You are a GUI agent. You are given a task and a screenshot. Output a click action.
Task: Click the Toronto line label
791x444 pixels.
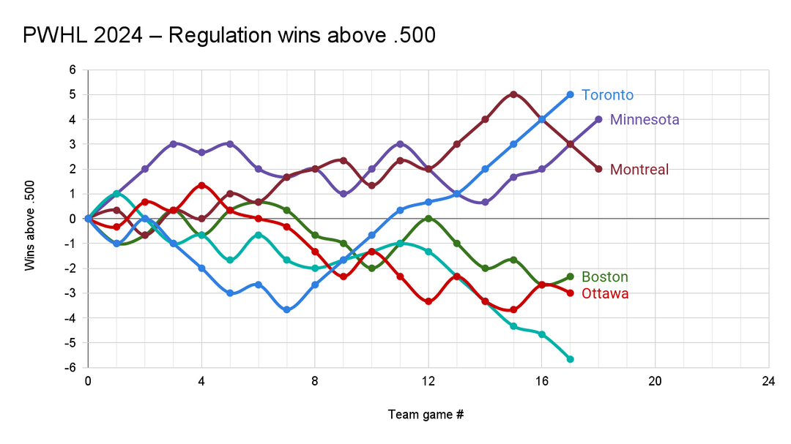(x=607, y=95)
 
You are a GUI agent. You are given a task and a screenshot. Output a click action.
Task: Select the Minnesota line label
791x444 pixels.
(x=645, y=119)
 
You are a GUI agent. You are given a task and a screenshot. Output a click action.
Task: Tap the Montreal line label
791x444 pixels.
(x=639, y=170)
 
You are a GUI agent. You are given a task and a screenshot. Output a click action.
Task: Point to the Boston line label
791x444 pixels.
(x=604, y=277)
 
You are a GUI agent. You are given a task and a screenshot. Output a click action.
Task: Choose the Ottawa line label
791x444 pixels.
(x=605, y=293)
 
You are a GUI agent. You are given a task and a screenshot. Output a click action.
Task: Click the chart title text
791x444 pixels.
(x=229, y=34)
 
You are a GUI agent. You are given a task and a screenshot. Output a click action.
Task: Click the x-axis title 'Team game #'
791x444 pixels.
(x=426, y=415)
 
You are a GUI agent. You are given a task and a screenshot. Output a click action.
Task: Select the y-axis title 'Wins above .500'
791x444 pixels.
(x=30, y=219)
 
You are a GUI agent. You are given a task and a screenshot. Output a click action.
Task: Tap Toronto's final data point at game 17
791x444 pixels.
(x=570, y=94)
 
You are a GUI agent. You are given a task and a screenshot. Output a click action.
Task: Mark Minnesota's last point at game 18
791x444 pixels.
(x=598, y=119)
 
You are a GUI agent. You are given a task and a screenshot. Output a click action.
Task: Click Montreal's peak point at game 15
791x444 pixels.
(x=513, y=94)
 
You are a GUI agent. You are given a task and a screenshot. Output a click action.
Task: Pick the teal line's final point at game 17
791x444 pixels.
(x=570, y=359)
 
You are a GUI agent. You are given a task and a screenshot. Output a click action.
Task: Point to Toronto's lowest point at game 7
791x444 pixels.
(x=286, y=310)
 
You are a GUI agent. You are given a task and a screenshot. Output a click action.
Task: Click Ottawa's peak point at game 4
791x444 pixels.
(x=201, y=185)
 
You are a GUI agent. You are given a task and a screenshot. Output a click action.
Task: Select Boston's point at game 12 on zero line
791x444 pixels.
(x=428, y=219)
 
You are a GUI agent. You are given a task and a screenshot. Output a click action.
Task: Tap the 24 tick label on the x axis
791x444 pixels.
(x=768, y=381)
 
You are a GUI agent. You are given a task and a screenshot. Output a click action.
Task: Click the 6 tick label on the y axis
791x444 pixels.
(x=73, y=70)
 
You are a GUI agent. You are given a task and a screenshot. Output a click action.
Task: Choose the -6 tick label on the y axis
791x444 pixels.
(x=71, y=368)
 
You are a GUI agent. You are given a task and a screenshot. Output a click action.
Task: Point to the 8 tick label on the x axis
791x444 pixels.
(x=315, y=381)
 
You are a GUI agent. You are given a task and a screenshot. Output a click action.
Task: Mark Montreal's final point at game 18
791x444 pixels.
(x=598, y=169)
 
